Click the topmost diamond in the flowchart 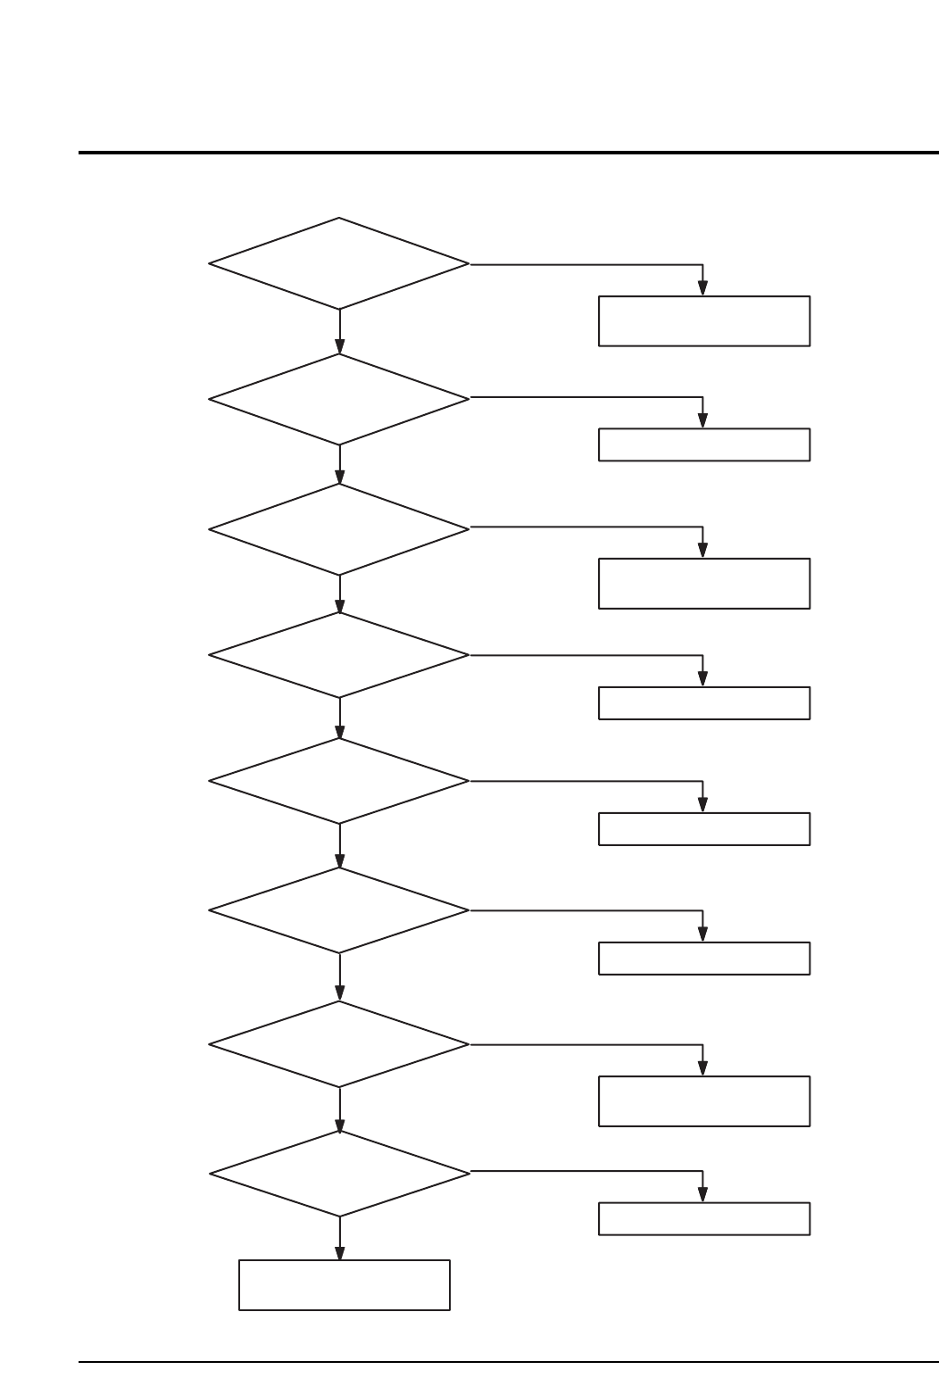click(339, 264)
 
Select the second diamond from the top click(339, 399)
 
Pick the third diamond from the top click(339, 529)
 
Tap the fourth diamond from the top click(339, 655)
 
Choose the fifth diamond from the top click(339, 781)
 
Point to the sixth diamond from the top click(339, 910)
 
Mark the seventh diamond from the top click(339, 1043)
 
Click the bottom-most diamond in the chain click(339, 1174)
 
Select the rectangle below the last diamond click(345, 1285)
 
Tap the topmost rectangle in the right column click(704, 321)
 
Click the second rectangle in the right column click(704, 444)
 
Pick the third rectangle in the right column click(704, 584)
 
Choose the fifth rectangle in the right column click(704, 829)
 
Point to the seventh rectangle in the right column click(704, 1101)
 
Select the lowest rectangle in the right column click(704, 1219)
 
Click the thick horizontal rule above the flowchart click(509, 153)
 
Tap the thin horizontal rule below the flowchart click(509, 1362)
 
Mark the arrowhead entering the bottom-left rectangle click(340, 1254)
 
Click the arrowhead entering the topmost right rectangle click(702, 288)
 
